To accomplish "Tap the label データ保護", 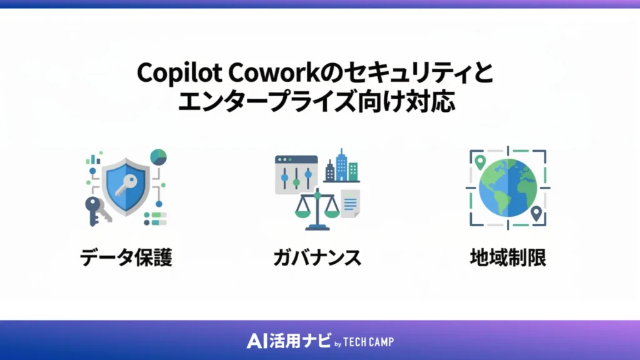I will click(x=126, y=257).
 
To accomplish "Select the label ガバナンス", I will click(x=317, y=257).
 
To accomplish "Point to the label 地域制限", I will click(x=507, y=257).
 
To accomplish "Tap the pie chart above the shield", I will click(x=158, y=157).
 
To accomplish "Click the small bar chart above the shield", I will click(x=94, y=159).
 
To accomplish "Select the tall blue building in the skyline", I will click(x=341, y=164).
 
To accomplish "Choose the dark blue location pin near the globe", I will click(x=535, y=214).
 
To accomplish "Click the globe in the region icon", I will click(x=507, y=188).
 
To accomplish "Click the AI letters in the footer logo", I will click(x=257, y=341).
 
